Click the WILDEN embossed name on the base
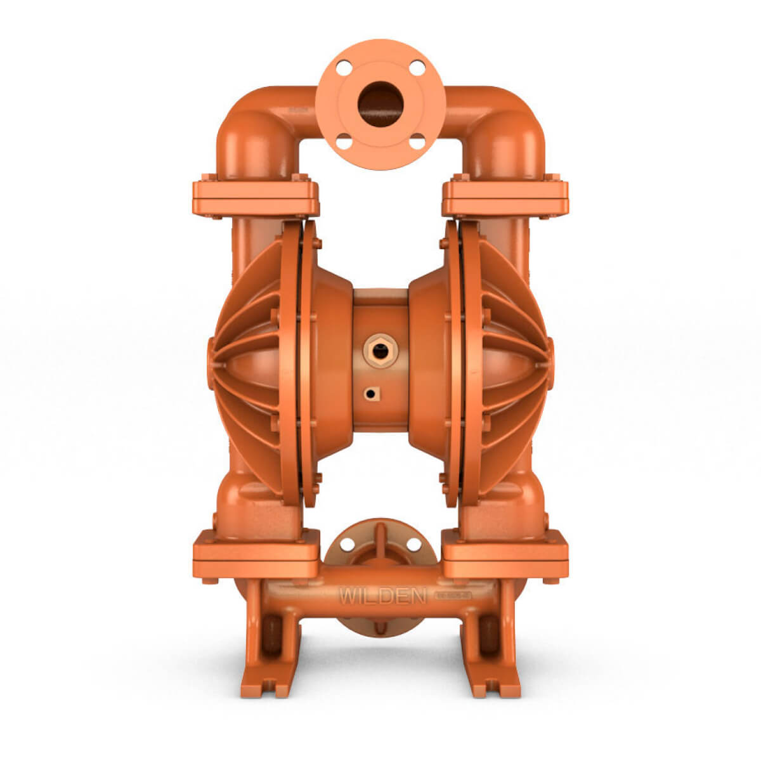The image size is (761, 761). point(374,596)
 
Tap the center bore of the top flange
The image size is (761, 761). point(380,101)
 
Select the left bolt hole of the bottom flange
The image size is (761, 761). point(347,543)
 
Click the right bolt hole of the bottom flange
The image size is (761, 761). point(413,543)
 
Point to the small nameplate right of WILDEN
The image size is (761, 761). point(453,595)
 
